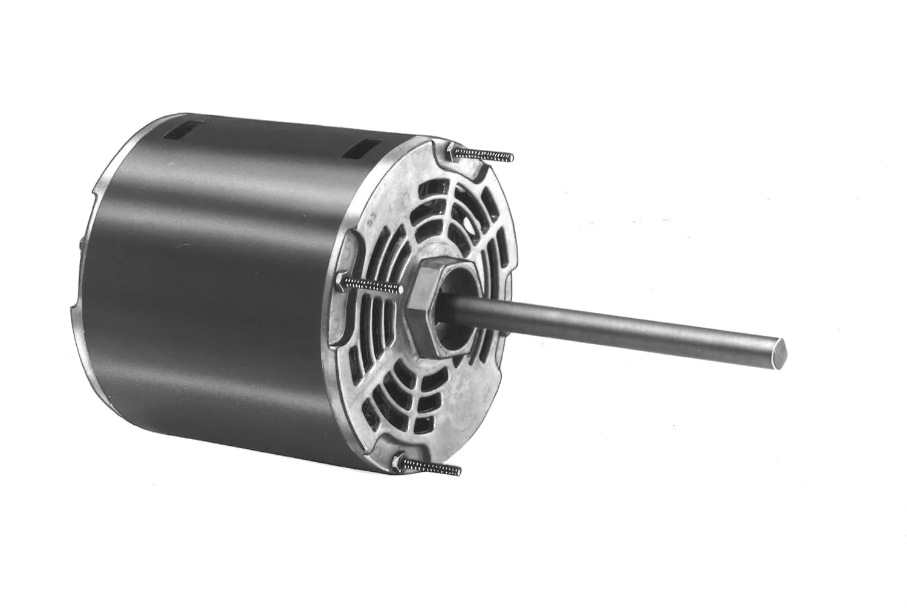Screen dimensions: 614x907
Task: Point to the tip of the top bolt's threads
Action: (511, 159)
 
